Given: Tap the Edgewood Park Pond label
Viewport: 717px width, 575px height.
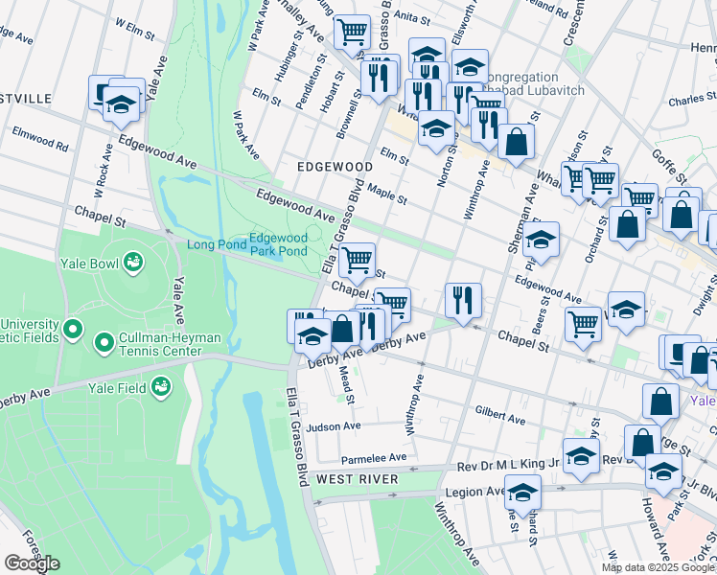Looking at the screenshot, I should click(x=278, y=244).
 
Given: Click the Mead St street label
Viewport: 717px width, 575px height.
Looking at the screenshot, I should click(x=349, y=387).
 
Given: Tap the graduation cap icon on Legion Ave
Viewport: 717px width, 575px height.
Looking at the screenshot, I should click(x=522, y=493).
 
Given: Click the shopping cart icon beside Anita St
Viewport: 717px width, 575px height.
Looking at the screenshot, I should click(x=352, y=31).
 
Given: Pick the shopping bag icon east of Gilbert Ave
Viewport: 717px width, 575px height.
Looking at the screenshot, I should click(x=661, y=401).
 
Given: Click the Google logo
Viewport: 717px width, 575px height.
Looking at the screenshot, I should click(x=32, y=563).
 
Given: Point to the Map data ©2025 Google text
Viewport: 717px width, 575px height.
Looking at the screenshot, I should click(x=658, y=567).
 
